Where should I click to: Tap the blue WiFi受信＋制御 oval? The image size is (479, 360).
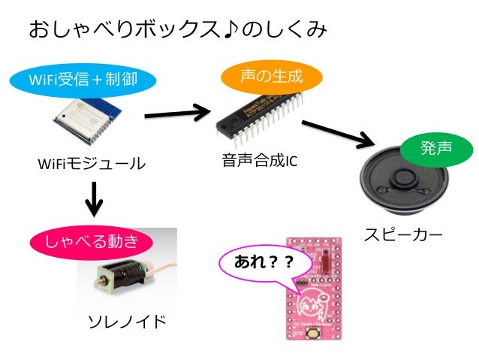click(83, 78)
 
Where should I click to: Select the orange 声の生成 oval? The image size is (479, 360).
click(271, 76)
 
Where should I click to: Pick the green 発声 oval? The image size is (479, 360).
click(436, 148)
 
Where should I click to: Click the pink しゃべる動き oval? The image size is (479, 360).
click(92, 242)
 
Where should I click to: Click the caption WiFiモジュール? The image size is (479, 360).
click(90, 163)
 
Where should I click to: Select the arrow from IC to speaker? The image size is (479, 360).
click(339, 132)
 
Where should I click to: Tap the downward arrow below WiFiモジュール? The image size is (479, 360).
click(93, 198)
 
